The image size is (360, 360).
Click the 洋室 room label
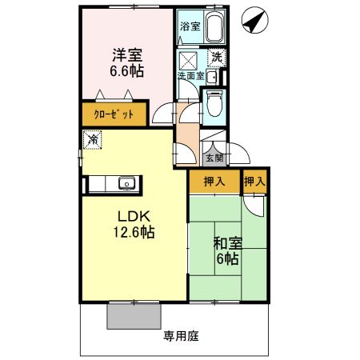coord(126,55)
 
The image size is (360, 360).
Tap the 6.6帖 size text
coord(126,70)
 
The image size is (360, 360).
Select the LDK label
coord(134,217)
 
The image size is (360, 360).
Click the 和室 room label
coord(226,244)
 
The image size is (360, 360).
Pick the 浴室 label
coord(189,26)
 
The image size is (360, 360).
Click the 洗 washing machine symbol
coord(216,58)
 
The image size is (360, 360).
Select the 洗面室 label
coord(190,77)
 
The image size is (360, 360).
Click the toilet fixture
coord(214,102)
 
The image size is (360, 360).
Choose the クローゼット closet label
coord(112,114)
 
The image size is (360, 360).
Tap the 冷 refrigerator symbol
coord(93,139)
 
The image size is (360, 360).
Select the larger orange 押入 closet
coord(213,182)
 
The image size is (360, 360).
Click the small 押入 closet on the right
coord(255,182)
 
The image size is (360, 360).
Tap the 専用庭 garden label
coord(182,336)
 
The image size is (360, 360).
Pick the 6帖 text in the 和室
coord(226,259)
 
